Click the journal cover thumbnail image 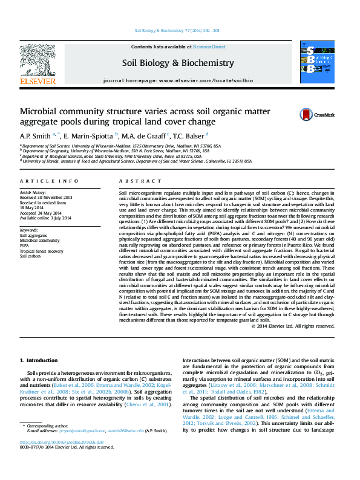click(x=317, y=62)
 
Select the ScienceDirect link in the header click(x=209, y=47)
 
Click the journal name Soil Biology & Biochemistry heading click(x=178, y=63)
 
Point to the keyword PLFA click(x=25, y=246)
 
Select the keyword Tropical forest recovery click(x=41, y=251)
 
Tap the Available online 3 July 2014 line click(x=45, y=218)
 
